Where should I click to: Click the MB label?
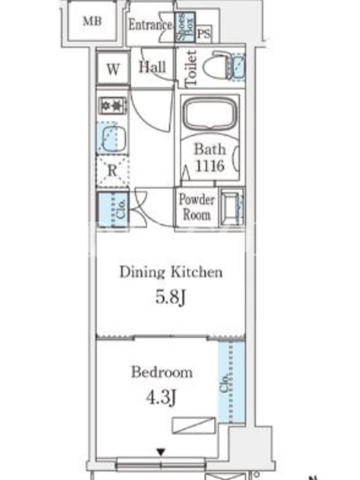92,21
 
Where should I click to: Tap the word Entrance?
150,25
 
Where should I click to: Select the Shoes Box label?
185,27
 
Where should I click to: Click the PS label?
203,34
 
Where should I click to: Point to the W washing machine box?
113,68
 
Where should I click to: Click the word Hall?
152,67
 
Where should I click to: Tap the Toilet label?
191,68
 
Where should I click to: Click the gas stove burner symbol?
112,106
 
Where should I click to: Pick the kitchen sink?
113,139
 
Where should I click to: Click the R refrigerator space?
112,170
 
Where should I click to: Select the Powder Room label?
197,207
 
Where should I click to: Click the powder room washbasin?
232,206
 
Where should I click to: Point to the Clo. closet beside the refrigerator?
113,209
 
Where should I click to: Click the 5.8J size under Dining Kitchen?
170,297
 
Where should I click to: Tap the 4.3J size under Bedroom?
161,398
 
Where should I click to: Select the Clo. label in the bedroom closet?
224,382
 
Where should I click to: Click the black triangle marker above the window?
161,452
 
